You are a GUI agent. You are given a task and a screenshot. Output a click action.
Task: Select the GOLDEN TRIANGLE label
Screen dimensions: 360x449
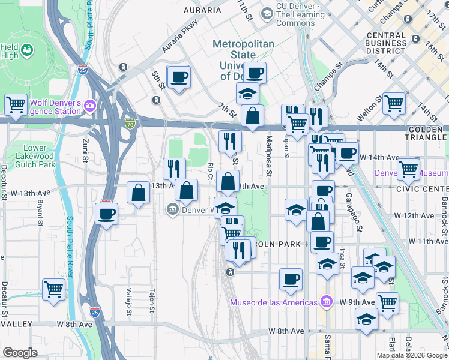428,134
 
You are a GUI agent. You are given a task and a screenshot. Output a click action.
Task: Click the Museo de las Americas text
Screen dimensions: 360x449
273,302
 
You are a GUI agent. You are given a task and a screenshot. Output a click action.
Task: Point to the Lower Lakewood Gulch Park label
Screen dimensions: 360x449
39,156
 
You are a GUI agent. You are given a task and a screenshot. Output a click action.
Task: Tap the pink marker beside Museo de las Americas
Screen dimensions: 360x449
326,301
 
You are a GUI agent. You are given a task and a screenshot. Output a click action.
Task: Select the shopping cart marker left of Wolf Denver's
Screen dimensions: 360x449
16,104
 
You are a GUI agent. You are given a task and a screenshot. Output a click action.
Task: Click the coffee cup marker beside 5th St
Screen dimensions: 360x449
179,77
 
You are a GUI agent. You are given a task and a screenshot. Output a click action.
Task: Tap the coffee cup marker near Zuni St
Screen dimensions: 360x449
107,214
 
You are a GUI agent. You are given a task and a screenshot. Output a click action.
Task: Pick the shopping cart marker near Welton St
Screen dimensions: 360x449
394,103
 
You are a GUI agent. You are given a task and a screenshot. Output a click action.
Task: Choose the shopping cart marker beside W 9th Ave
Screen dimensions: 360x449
387,302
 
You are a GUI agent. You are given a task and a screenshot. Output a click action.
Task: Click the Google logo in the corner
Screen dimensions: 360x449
20,353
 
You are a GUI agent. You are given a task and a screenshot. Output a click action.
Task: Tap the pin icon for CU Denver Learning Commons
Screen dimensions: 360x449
267,13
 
